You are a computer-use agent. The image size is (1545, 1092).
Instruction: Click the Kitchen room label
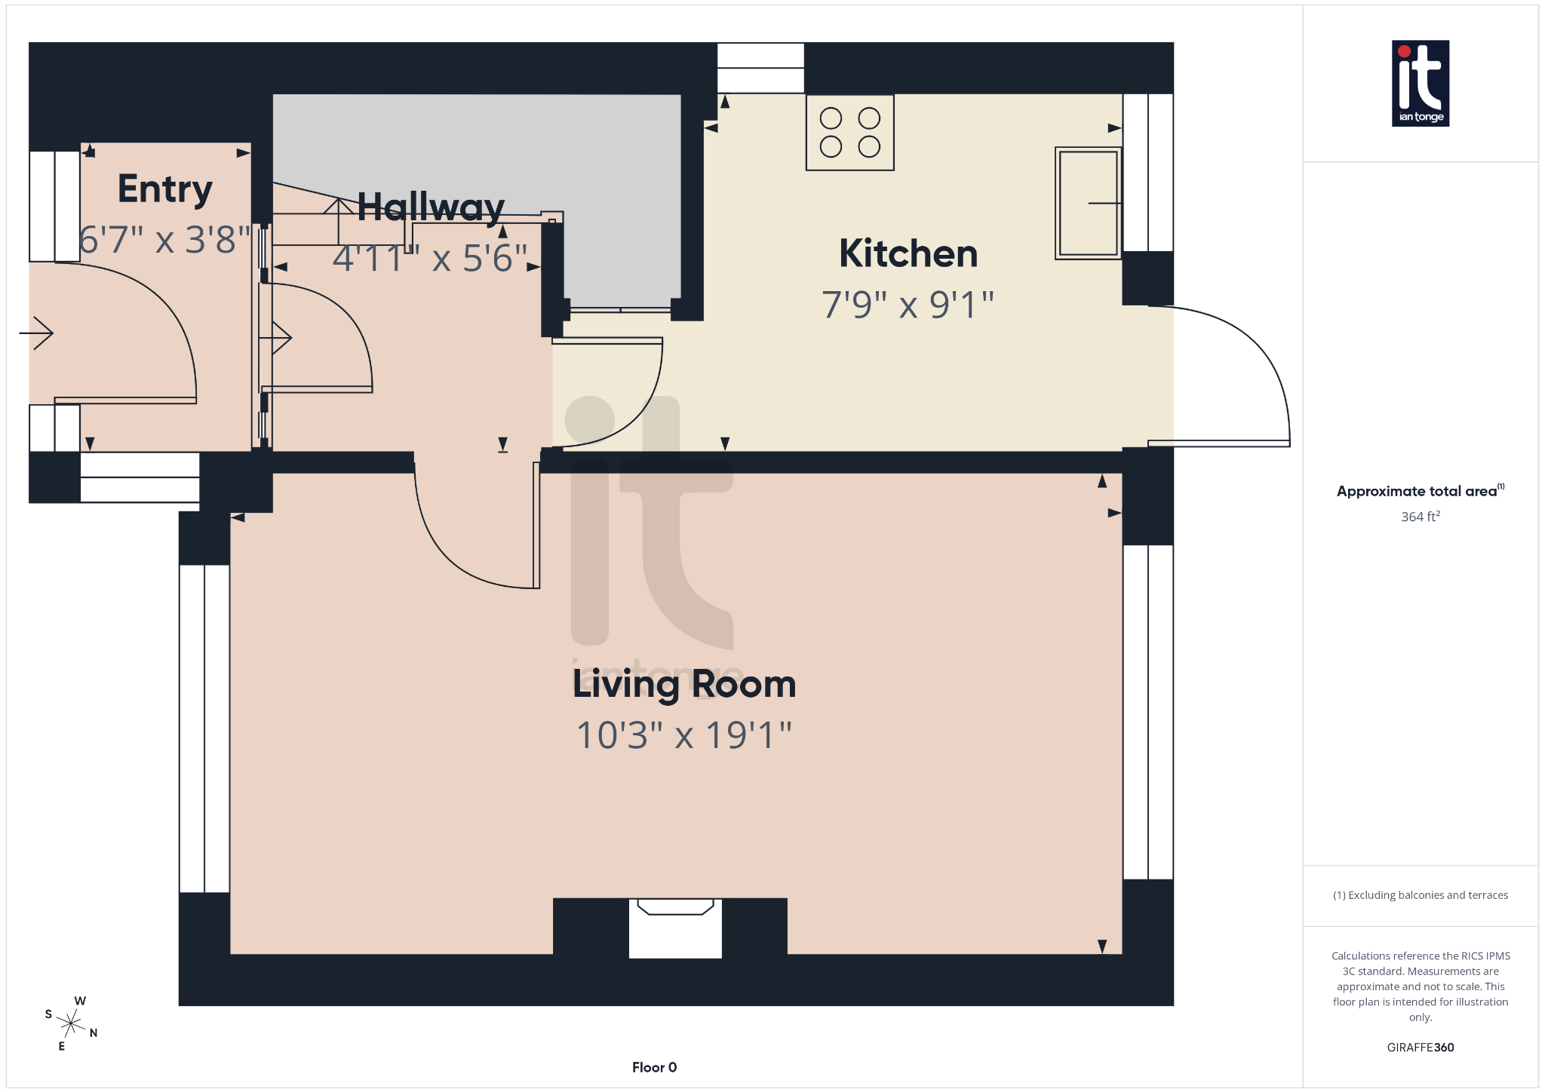[908, 254]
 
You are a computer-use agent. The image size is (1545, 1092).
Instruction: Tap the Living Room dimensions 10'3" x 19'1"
[683, 735]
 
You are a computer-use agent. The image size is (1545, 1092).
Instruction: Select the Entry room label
[164, 189]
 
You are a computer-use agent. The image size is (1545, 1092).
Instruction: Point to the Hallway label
[430, 207]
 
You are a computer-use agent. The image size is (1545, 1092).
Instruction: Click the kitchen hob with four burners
[849, 133]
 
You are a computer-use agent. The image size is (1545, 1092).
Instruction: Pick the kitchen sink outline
[1088, 203]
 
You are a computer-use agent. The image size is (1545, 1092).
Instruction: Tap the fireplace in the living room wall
[675, 928]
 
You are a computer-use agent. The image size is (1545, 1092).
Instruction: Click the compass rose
[71, 1023]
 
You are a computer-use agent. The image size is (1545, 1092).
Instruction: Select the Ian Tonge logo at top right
[1420, 83]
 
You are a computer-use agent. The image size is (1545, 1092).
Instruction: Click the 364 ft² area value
[1420, 517]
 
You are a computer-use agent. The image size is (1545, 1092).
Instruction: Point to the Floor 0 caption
[654, 1067]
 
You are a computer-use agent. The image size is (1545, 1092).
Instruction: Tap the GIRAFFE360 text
[1420, 1048]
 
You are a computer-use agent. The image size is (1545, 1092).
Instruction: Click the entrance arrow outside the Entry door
[37, 333]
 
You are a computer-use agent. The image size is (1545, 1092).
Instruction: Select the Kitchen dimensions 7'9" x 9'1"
[908, 305]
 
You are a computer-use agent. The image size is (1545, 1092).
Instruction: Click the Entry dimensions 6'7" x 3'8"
[164, 240]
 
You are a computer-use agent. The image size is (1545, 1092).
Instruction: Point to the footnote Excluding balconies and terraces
[1420, 895]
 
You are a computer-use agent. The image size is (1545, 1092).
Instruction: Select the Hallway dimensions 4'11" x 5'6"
[430, 259]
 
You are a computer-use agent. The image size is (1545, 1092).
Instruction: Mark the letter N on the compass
[94, 1033]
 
